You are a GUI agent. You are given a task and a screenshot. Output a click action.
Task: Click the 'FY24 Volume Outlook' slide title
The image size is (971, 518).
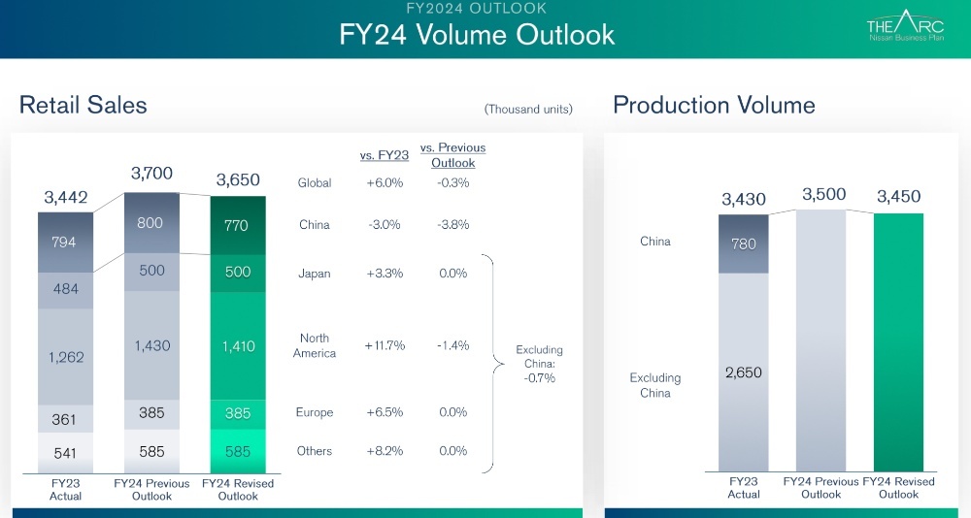click(x=477, y=34)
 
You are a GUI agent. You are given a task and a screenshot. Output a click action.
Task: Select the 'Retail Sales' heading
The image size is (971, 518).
click(x=84, y=105)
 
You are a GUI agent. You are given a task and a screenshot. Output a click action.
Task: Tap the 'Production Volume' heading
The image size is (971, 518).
click(x=714, y=105)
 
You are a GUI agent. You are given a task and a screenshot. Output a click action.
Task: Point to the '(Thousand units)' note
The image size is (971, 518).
click(x=528, y=109)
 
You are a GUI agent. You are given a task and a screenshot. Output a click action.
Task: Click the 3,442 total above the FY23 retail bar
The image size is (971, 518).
click(x=66, y=197)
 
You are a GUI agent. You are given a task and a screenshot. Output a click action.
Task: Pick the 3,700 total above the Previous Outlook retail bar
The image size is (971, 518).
click(x=151, y=174)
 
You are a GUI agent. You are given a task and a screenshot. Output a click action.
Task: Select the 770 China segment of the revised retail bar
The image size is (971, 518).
click(x=238, y=224)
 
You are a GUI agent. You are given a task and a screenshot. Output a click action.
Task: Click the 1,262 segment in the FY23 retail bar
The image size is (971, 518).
click(x=66, y=357)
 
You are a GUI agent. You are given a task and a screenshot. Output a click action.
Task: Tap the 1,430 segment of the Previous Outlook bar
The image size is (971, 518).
click(x=151, y=346)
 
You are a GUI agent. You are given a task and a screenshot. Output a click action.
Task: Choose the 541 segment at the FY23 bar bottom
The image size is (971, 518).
click(x=66, y=451)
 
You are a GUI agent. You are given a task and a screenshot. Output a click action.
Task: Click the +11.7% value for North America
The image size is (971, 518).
click(x=385, y=345)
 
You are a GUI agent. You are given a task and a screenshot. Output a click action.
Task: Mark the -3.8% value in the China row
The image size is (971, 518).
click(x=452, y=225)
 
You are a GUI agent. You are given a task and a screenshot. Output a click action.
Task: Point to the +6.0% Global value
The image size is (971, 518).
click(x=385, y=182)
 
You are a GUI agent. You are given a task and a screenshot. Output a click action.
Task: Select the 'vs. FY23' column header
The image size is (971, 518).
click(x=385, y=154)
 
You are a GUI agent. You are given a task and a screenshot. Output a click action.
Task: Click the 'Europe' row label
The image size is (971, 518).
click(x=315, y=412)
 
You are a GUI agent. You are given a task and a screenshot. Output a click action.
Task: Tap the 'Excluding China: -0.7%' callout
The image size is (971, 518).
click(x=539, y=364)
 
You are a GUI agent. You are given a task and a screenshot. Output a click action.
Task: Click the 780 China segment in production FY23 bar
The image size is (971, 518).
click(x=744, y=244)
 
